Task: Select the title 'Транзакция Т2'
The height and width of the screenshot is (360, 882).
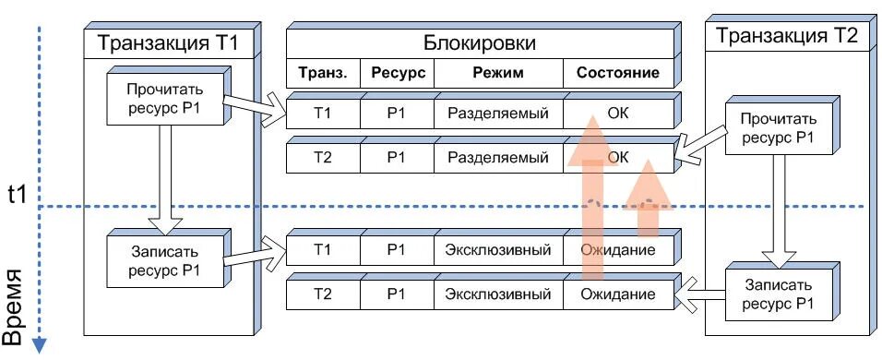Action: pyautogui.click(x=786, y=37)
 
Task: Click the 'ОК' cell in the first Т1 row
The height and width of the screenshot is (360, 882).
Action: pyautogui.click(x=618, y=114)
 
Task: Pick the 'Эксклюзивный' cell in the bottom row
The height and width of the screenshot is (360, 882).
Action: pyautogui.click(x=498, y=295)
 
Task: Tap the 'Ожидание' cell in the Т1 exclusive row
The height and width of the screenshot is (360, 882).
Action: pyautogui.click(x=618, y=249)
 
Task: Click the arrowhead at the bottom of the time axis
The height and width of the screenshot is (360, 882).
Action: pyautogui.click(x=40, y=344)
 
